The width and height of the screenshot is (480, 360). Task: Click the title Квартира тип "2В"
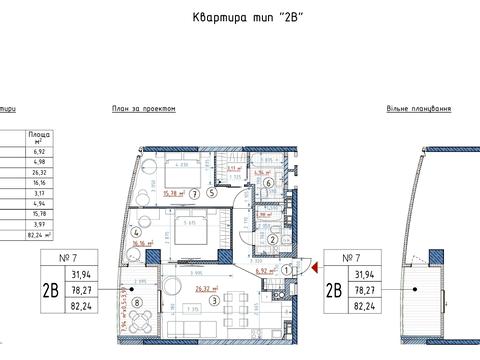coord(239,18)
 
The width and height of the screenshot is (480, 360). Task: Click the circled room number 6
coord(268,183)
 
